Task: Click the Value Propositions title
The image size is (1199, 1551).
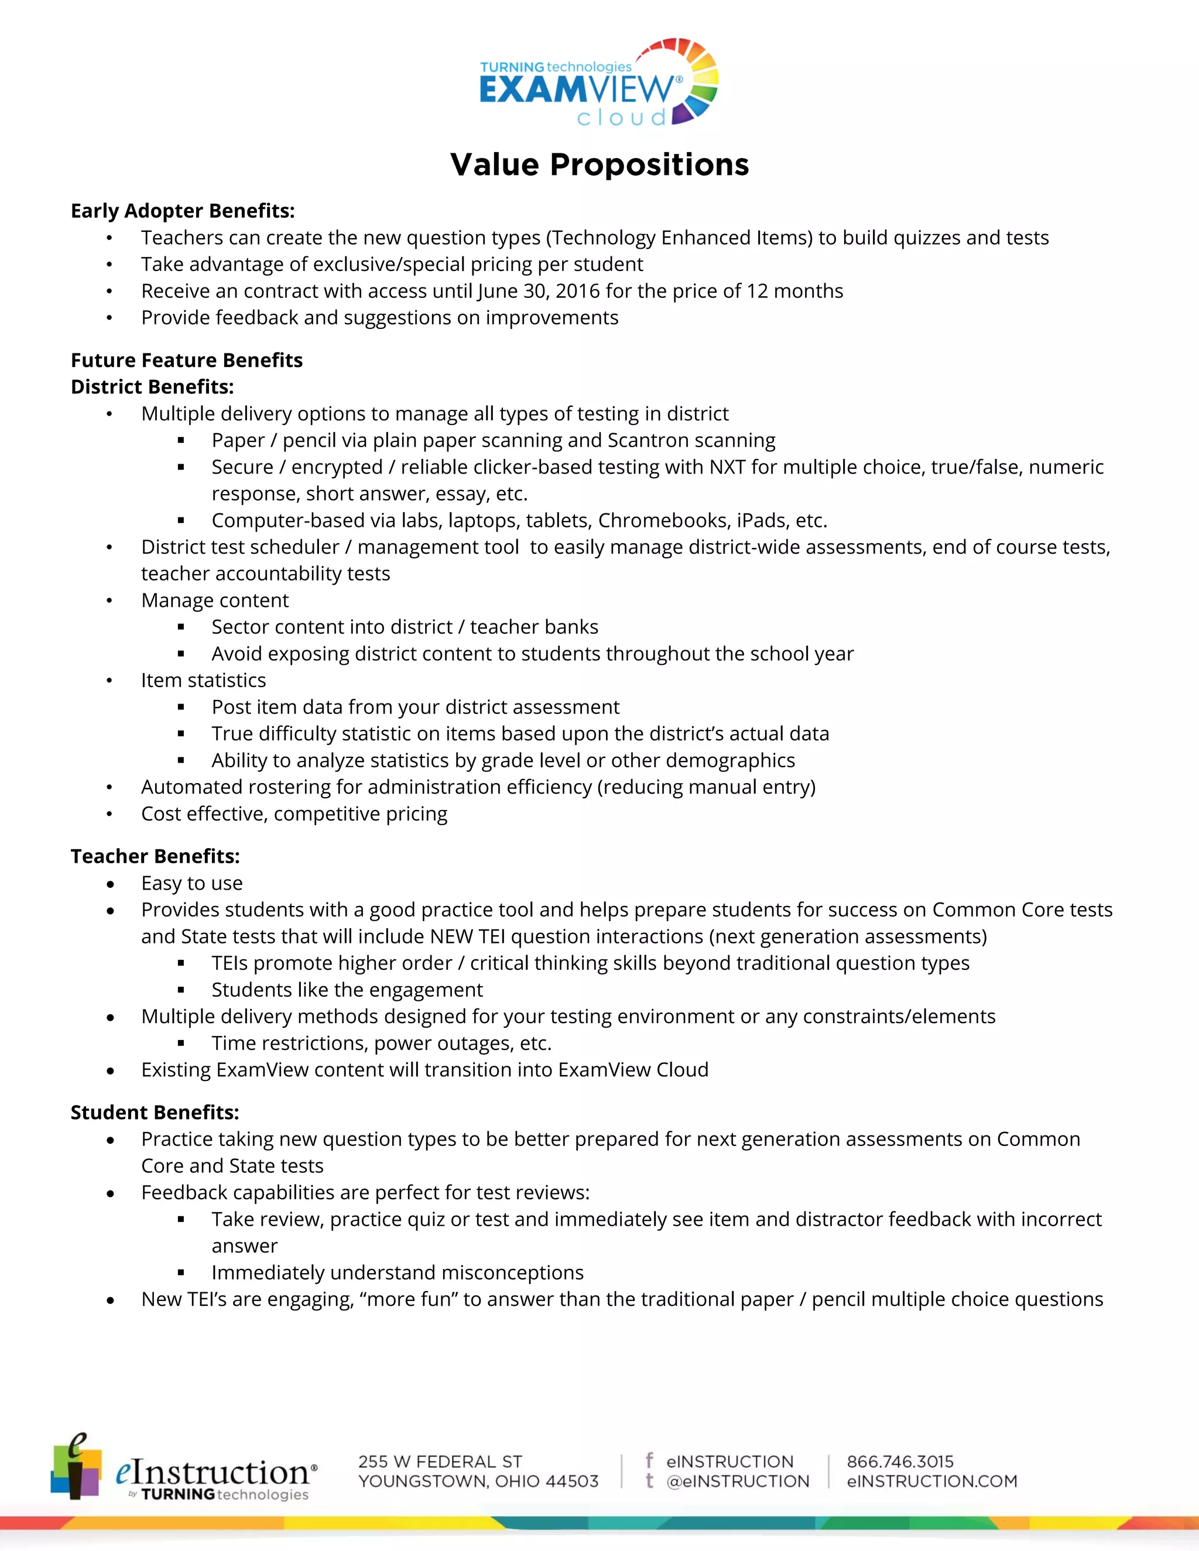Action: point(599,165)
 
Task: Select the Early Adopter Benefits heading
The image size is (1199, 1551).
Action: point(183,211)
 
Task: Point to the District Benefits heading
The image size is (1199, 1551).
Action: point(152,387)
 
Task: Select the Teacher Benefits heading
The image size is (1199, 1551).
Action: point(155,856)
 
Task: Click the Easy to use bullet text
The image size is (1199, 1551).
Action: point(192,883)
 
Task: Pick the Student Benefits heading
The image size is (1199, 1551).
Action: point(155,1113)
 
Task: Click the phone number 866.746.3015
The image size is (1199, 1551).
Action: point(900,1461)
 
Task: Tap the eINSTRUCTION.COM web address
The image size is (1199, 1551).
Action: point(931,1481)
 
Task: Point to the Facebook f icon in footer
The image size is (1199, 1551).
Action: point(649,1460)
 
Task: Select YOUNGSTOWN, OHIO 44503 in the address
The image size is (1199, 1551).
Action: point(478,1481)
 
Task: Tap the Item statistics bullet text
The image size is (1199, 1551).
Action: point(203,680)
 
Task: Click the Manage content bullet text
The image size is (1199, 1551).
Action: point(214,601)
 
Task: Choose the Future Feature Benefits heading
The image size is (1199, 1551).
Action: point(186,360)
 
